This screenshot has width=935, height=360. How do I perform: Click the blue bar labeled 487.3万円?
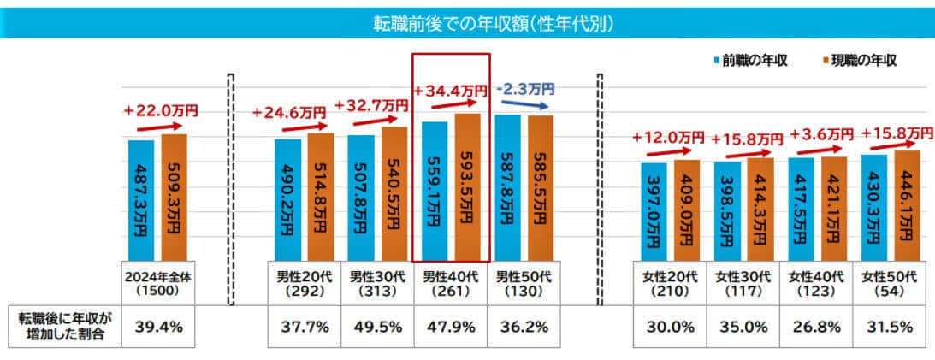click(x=141, y=200)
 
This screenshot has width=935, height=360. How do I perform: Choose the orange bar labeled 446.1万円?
click(x=907, y=205)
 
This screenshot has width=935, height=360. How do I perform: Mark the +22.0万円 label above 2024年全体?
click(x=161, y=111)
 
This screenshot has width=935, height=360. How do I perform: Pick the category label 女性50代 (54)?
click(x=891, y=283)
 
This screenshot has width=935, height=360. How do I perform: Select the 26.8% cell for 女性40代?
click(x=817, y=325)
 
